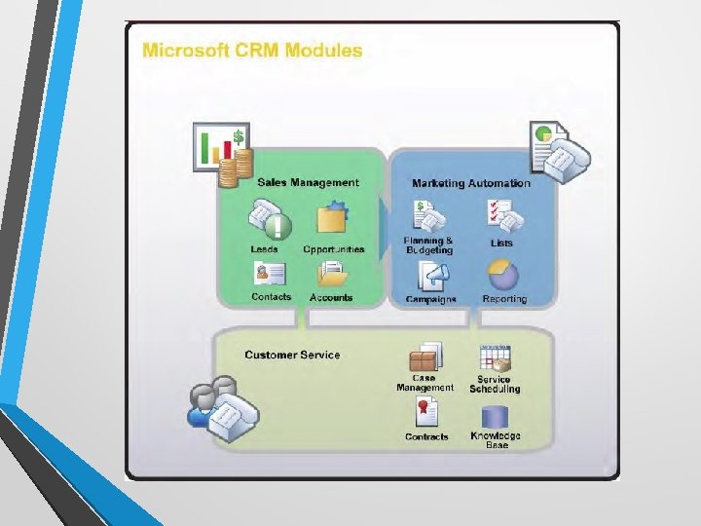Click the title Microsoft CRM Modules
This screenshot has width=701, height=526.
252,50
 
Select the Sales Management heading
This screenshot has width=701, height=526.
308,182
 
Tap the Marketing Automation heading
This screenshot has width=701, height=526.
471,183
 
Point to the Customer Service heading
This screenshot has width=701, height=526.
292,355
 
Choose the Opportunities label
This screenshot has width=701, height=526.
334,249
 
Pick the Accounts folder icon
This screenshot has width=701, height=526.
332,274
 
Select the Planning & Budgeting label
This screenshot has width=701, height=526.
429,245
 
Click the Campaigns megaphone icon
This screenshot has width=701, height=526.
429,278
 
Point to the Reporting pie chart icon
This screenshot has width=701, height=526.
502,276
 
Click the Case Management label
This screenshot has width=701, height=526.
424,383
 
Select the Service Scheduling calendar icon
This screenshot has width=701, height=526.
496,357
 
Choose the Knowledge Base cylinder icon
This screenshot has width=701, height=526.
496,416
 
